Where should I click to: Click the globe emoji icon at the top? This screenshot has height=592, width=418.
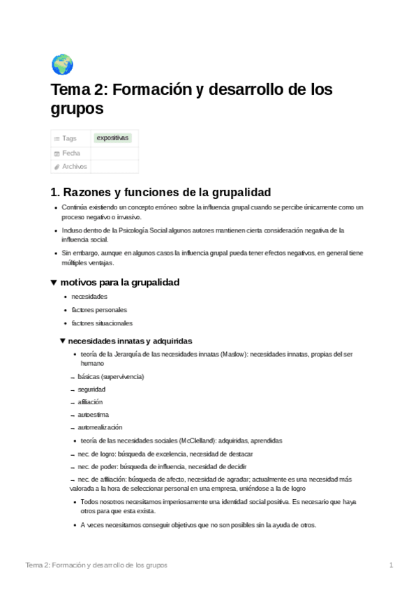point(62,64)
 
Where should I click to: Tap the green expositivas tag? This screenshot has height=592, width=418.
point(112,138)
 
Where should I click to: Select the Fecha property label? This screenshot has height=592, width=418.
point(71,153)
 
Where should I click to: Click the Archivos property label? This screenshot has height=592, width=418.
point(75,167)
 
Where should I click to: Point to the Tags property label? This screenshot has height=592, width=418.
point(69,138)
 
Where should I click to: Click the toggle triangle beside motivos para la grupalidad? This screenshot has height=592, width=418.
point(54,282)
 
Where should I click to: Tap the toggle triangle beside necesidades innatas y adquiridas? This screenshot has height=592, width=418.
point(63,341)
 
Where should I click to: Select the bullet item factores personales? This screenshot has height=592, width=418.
point(99,310)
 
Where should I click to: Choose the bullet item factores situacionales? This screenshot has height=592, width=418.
point(102,323)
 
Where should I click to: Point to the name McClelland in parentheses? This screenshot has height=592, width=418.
point(197,441)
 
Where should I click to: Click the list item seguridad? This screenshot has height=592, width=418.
point(91,389)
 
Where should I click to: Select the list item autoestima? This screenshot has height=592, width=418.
point(94,415)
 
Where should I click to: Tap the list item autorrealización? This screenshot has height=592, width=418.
point(100,427)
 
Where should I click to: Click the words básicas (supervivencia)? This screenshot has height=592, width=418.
point(111,376)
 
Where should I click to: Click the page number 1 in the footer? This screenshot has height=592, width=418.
point(391,565)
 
